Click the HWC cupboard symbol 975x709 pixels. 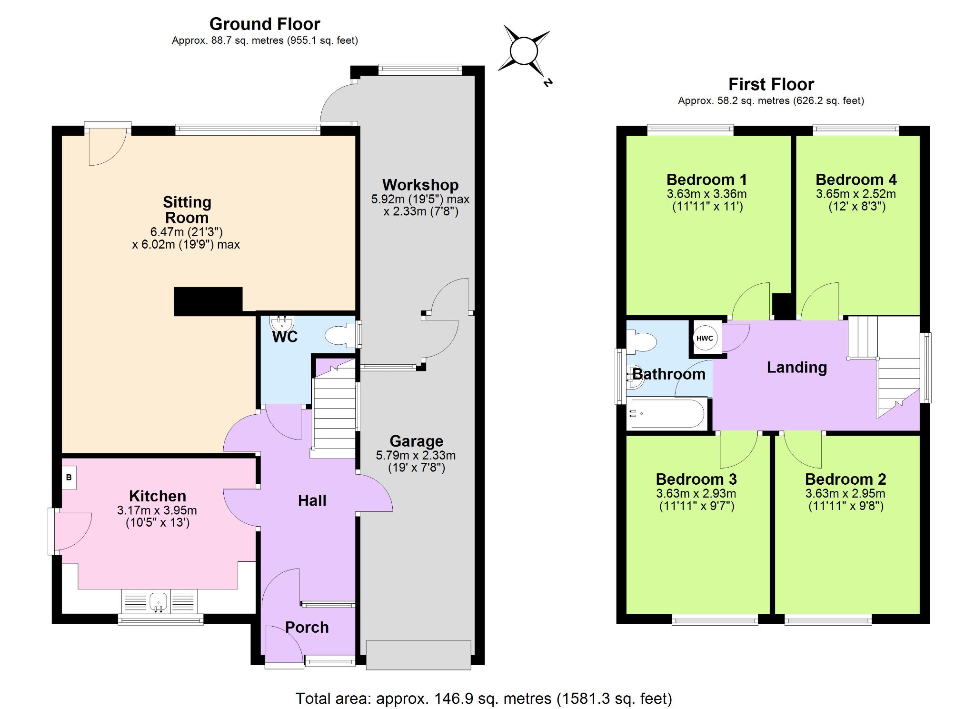705,338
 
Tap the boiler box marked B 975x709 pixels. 69,477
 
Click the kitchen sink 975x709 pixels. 159,602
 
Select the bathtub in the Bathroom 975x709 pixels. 667,413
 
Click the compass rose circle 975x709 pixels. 524,50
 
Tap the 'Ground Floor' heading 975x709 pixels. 265,24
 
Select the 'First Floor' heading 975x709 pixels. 771,84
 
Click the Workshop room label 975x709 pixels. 420,185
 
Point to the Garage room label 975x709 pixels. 417,441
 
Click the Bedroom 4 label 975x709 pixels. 856,180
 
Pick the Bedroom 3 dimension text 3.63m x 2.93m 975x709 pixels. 696,494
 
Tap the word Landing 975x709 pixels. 796,368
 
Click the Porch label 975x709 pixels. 307,628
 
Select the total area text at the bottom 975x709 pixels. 484,699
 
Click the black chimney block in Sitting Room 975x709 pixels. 208,301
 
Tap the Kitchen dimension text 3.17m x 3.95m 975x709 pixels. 157,510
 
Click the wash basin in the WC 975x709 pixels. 281,323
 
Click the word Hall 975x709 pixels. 312,500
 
